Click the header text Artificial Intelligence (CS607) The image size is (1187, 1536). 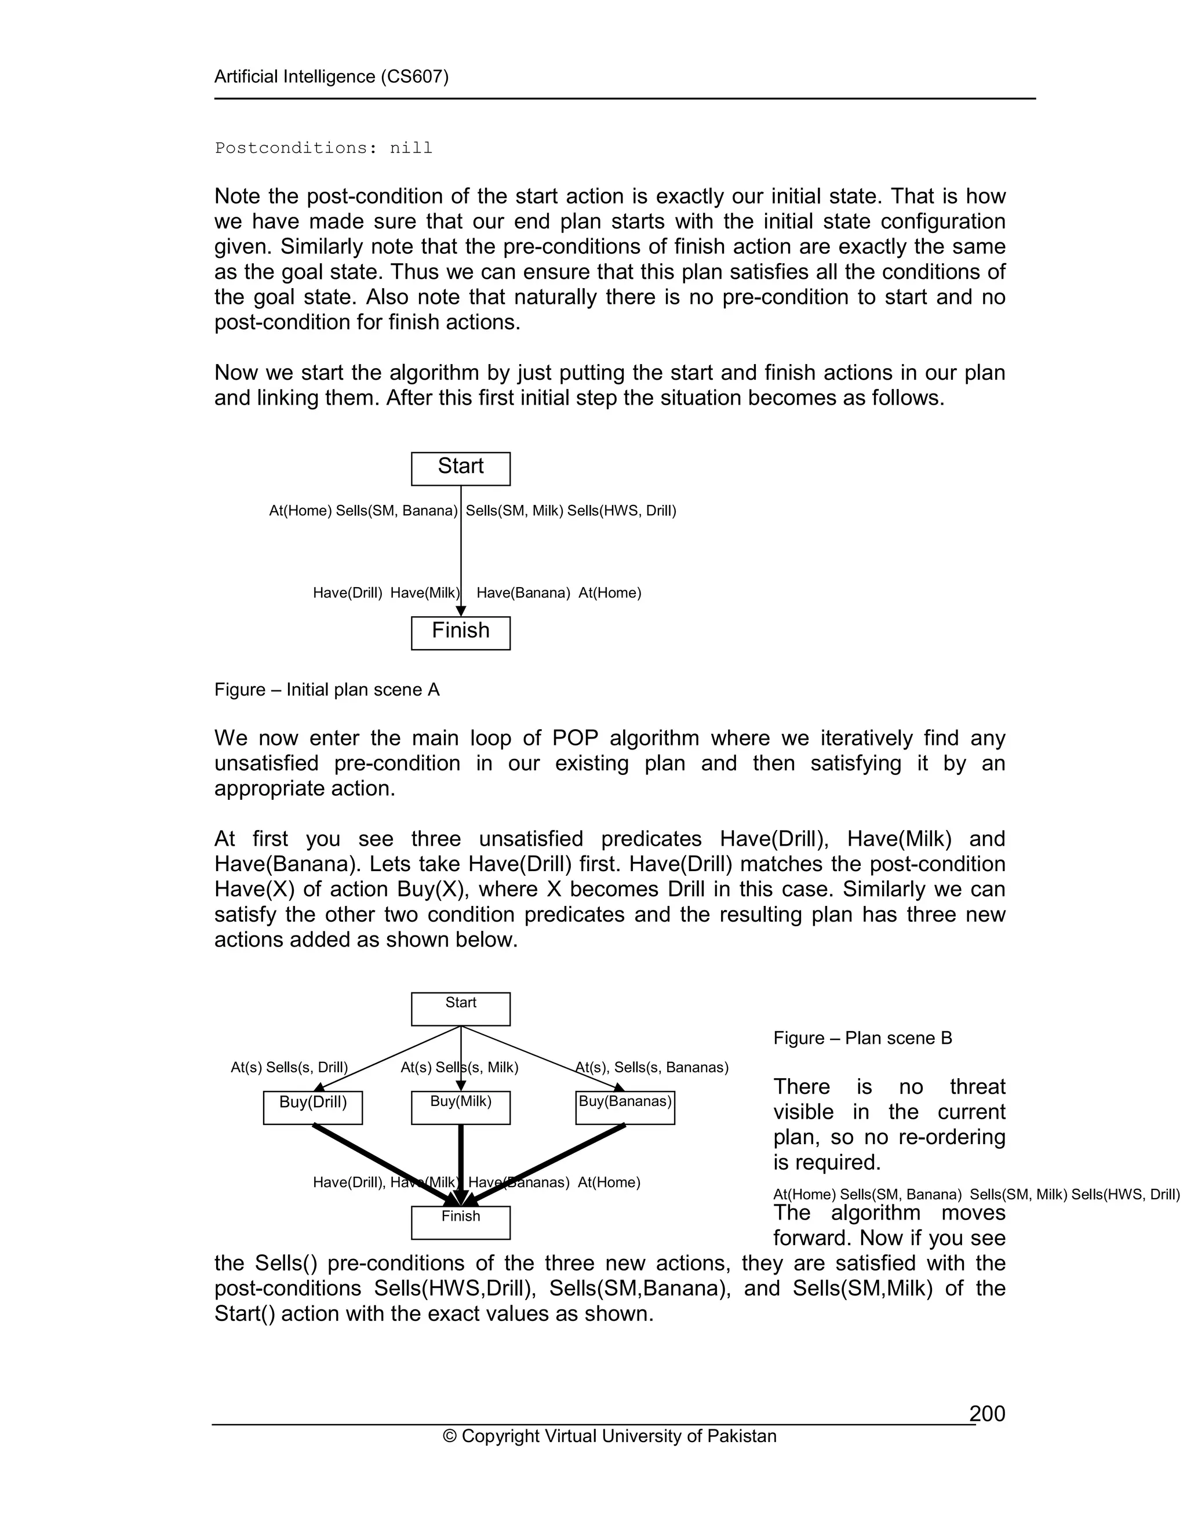[x=331, y=77]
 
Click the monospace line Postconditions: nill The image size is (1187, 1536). [x=323, y=148]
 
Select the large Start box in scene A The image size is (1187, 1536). [x=461, y=468]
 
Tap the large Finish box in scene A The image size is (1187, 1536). [x=461, y=633]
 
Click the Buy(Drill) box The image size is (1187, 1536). [x=313, y=1108]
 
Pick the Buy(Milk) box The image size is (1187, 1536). [x=461, y=1108]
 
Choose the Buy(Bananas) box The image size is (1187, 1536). [x=625, y=1108]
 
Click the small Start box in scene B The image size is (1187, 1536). [x=461, y=1009]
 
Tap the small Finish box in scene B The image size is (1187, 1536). [x=461, y=1222]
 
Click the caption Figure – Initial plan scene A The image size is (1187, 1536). [x=327, y=690]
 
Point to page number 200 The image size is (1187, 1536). [x=987, y=1414]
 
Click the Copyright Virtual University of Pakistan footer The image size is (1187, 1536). [x=610, y=1436]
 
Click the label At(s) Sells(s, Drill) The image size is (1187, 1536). [x=290, y=1068]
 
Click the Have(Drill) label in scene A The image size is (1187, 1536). [x=347, y=593]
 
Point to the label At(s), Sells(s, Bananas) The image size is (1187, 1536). [x=652, y=1068]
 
